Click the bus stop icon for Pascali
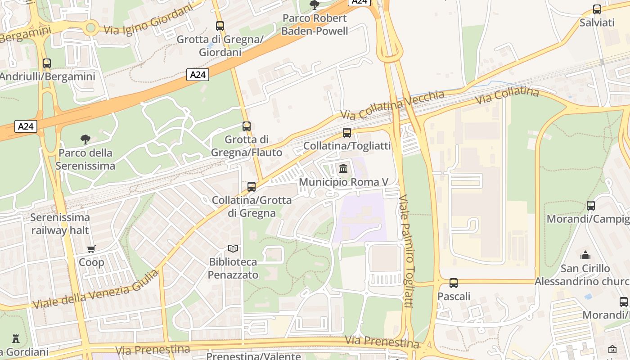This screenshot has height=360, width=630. click(x=454, y=283)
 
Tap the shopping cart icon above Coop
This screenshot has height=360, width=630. click(x=91, y=249)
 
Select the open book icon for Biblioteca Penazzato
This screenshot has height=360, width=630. click(x=233, y=248)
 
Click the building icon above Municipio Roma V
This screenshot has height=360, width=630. click(x=344, y=169)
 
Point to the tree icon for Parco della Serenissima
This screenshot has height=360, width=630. click(x=85, y=139)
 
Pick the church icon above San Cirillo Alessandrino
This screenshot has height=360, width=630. click(x=585, y=255)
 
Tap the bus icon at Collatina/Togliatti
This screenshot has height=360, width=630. click(x=346, y=132)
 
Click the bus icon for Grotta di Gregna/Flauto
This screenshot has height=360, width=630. click(x=246, y=126)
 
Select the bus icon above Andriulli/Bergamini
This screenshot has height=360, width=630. click(x=47, y=63)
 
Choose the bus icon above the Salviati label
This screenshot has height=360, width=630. click(x=597, y=9)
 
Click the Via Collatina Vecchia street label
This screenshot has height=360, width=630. click(x=392, y=104)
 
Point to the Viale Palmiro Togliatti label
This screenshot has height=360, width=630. click(x=406, y=251)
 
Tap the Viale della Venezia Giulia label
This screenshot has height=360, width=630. click(x=95, y=289)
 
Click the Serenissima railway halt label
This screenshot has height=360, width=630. click(x=60, y=224)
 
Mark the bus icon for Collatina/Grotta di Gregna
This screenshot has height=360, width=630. click(x=252, y=186)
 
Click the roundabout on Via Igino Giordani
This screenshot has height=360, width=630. click(x=90, y=28)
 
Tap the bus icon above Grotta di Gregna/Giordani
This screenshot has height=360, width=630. click(x=220, y=26)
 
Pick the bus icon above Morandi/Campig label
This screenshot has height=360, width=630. click(x=591, y=205)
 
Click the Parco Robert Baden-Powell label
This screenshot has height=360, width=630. click(x=315, y=24)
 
